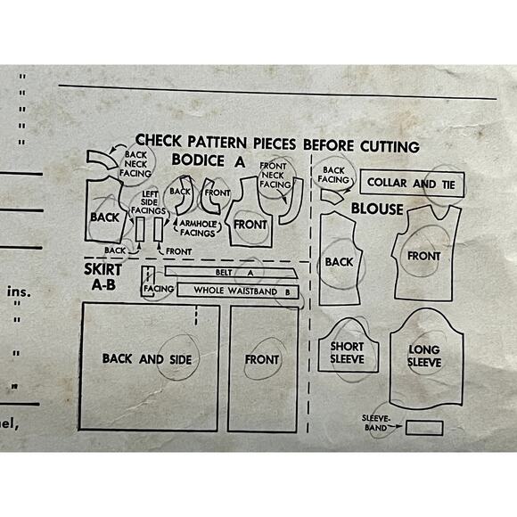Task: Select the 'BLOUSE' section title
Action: (376, 209)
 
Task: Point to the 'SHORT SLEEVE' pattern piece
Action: (348, 351)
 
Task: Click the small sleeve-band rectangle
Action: (423, 428)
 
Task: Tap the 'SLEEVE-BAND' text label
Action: (379, 421)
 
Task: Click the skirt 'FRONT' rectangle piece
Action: (261, 360)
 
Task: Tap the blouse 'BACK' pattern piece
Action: (340, 261)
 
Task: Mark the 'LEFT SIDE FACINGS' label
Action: (150, 201)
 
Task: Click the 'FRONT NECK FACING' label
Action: (276, 176)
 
